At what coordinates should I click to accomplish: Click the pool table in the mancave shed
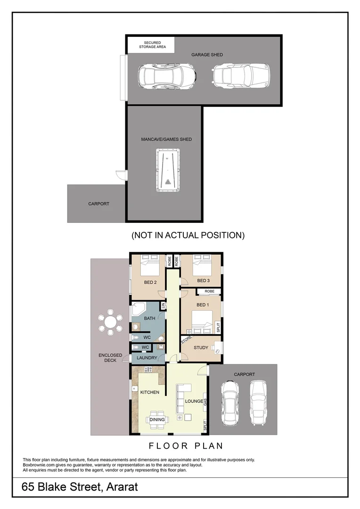(168, 170)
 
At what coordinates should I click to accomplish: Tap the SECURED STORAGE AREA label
(152, 45)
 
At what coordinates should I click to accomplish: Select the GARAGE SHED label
(207, 55)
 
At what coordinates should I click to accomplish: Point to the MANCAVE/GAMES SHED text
(166, 140)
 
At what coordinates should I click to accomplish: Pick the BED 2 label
(150, 282)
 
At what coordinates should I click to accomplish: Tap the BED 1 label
(202, 305)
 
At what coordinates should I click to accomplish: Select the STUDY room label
(201, 348)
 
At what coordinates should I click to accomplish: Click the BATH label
(149, 319)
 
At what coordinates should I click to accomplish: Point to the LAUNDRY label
(147, 358)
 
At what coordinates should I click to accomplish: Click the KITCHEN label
(149, 392)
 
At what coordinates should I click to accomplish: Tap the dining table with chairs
(157, 419)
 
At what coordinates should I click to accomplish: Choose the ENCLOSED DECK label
(110, 358)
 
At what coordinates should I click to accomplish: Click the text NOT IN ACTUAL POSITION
(188, 235)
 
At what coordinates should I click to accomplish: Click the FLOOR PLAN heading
(186, 445)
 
